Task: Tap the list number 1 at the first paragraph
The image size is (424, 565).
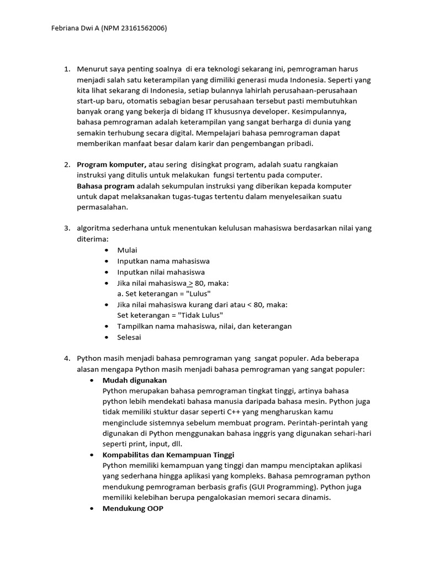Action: click(x=66, y=70)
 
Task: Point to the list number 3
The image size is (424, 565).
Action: click(x=66, y=228)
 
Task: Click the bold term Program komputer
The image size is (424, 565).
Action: click(x=111, y=164)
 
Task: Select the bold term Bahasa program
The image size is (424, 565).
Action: click(x=105, y=186)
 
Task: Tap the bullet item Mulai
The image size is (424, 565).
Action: click(x=127, y=250)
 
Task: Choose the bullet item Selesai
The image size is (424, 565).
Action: click(x=129, y=337)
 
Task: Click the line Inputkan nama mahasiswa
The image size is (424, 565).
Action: click(x=163, y=261)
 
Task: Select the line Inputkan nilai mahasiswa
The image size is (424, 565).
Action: click(x=161, y=272)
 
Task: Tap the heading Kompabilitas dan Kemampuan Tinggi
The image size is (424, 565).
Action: click(x=168, y=455)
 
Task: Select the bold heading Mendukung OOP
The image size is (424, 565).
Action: click(x=132, y=509)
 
